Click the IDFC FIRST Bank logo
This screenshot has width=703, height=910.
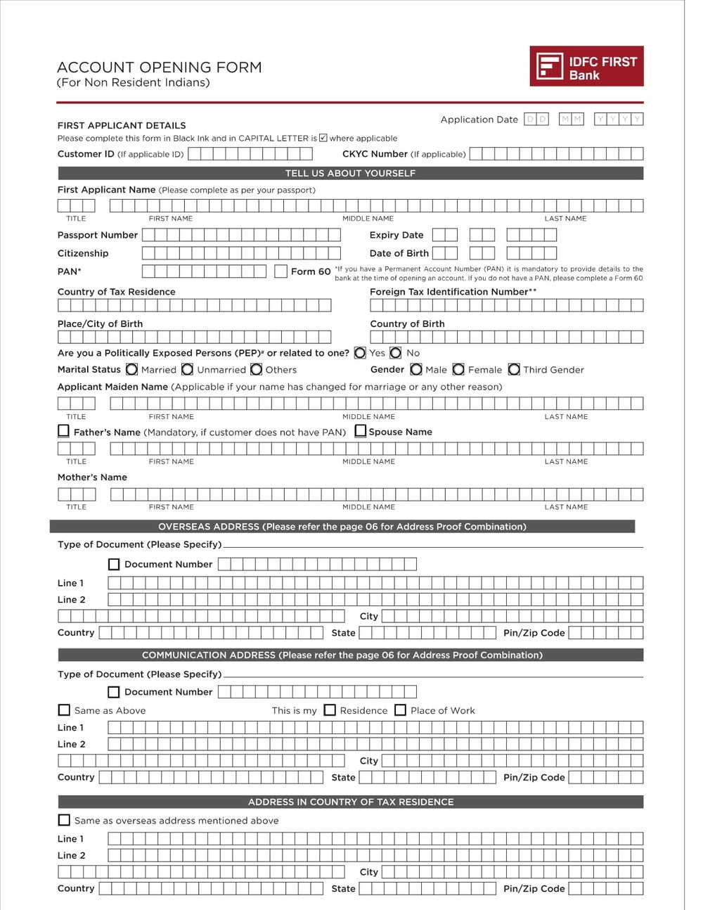click(586, 66)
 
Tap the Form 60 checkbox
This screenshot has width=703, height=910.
click(280, 271)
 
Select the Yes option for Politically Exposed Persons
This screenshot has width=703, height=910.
click(360, 353)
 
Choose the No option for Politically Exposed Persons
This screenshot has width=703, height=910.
click(396, 353)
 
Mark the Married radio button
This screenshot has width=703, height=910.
click(131, 369)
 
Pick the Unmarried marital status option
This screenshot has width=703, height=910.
click(187, 369)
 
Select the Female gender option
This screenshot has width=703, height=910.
click(458, 369)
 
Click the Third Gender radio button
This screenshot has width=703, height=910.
click(514, 369)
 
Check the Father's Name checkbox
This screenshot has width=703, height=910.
click(63, 431)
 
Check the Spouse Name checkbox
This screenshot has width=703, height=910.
click(361, 431)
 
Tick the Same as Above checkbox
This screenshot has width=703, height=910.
click(64, 710)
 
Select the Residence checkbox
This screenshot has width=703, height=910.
click(330, 710)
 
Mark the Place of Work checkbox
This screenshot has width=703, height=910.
click(400, 710)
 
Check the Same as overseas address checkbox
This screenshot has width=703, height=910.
click(64, 820)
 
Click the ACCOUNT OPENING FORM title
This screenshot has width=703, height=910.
click(159, 68)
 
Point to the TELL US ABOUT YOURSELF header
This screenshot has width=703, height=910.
click(350, 173)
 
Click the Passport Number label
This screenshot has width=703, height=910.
click(98, 235)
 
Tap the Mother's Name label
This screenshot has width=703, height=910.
click(92, 477)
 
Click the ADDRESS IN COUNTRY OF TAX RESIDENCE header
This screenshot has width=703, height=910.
click(350, 802)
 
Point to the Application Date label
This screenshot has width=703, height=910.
click(479, 120)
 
